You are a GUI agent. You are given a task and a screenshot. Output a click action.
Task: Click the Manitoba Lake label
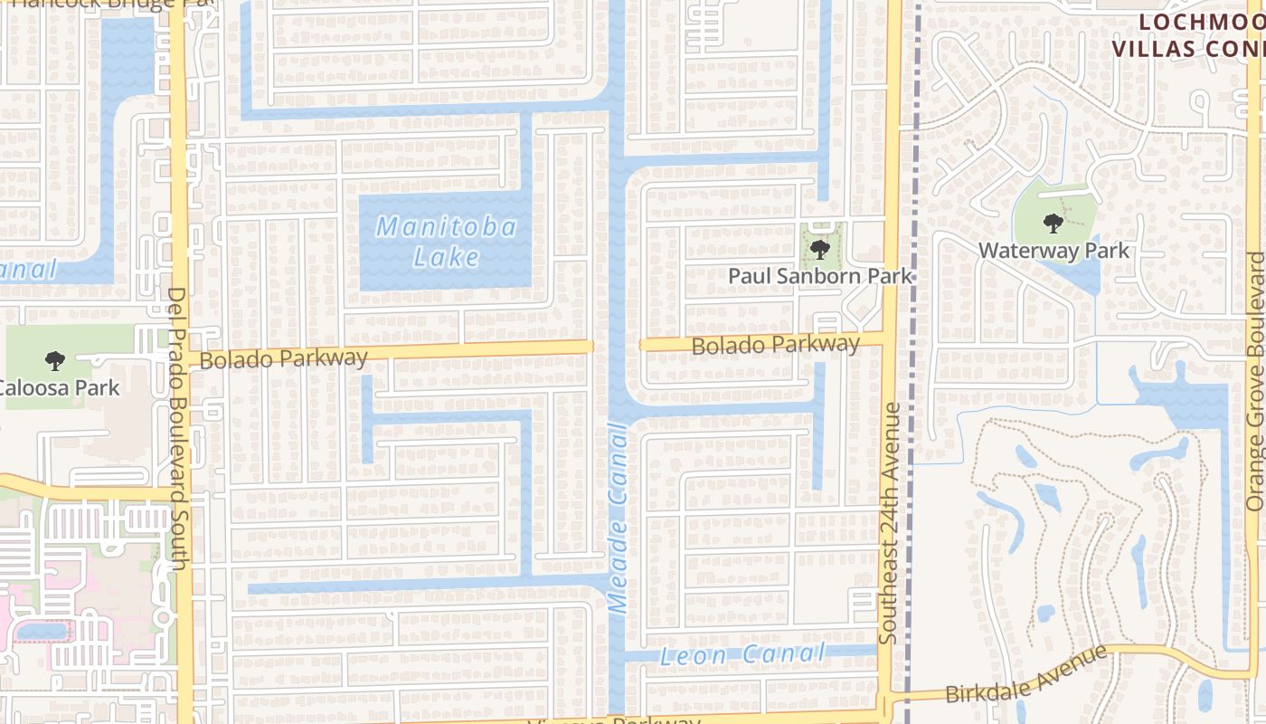pos(447,241)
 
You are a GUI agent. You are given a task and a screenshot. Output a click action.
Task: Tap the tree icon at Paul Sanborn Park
pos(819,249)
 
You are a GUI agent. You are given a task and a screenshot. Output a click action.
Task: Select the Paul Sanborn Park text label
pos(820,276)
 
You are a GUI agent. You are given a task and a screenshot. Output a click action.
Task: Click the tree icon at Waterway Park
pos(1052,223)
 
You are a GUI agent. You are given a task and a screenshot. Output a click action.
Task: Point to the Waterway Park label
pos(1054,250)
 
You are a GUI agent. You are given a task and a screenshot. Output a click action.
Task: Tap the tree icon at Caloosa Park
pos(55,361)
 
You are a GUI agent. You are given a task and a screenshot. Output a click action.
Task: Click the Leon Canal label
pos(742,655)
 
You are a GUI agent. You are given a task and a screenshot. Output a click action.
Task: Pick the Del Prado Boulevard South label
pos(177,428)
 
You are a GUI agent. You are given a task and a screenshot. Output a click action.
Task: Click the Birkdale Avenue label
pos(1026,674)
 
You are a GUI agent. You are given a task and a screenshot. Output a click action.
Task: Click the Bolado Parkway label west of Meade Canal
pos(284,358)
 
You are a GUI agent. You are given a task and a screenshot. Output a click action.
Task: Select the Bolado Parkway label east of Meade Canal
pos(775,345)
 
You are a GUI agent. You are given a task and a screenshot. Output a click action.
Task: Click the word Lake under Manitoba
pos(447,258)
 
